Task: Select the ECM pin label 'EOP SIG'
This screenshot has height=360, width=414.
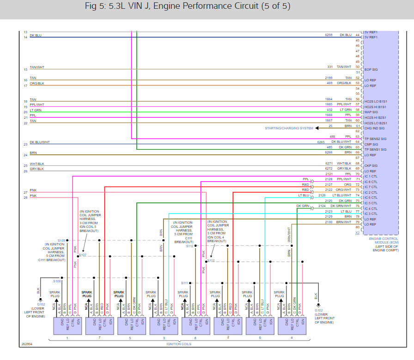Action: click(x=371, y=69)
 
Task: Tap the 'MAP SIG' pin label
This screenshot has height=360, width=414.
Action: click(x=371, y=112)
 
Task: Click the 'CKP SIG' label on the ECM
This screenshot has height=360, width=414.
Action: click(x=371, y=165)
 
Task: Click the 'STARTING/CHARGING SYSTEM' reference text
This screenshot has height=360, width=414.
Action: click(x=289, y=128)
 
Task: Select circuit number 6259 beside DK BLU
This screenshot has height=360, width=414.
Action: click(x=329, y=35)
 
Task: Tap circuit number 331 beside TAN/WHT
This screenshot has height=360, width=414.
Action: click(x=330, y=67)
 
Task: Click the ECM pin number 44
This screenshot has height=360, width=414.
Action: click(x=358, y=35)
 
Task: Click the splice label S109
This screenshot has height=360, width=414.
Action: click(x=61, y=240)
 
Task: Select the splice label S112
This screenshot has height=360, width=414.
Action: click(x=190, y=246)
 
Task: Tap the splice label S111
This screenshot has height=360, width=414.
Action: click(x=185, y=283)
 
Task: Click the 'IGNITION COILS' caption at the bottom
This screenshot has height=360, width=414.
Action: click(x=179, y=344)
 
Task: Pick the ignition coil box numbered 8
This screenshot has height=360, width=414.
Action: click(x=195, y=325)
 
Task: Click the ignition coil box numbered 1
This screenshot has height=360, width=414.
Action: click(x=67, y=325)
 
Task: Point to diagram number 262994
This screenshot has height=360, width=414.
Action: click(x=27, y=344)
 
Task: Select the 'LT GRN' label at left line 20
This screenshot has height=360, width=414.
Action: click(x=35, y=110)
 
